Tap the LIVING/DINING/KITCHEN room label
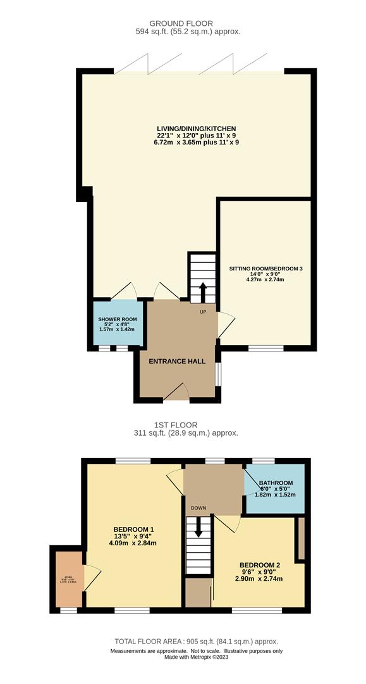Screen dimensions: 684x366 [x=196, y=127]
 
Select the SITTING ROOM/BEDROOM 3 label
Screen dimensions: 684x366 [x=265, y=269]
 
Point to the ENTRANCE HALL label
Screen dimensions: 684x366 [x=177, y=361]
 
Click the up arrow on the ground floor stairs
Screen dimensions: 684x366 [x=203, y=293]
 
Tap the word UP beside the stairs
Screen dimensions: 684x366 [x=203, y=312]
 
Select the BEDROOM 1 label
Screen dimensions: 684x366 [x=133, y=529]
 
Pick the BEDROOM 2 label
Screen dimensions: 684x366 [x=259, y=565]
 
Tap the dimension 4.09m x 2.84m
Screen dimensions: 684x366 [x=133, y=543]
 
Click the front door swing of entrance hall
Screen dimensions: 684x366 [x=178, y=391]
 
